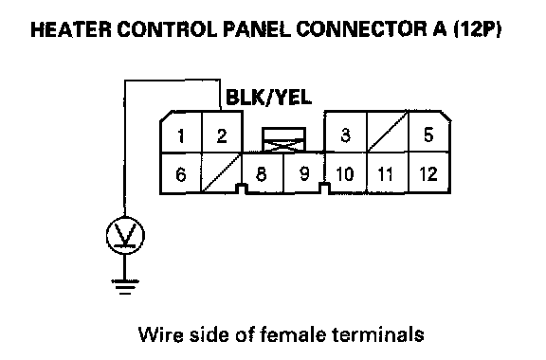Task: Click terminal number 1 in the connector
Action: (x=181, y=135)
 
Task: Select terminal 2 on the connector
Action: (x=222, y=135)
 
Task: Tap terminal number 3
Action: (x=345, y=135)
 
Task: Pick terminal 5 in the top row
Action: (x=428, y=135)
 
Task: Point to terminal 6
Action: (x=181, y=174)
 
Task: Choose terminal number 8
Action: (x=262, y=173)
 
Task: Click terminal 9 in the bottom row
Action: (x=304, y=173)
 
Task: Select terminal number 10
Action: (x=345, y=173)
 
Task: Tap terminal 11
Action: (x=386, y=173)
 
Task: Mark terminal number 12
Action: (x=428, y=173)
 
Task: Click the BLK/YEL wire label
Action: (x=268, y=98)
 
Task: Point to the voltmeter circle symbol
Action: (x=125, y=235)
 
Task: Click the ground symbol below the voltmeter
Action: (x=125, y=287)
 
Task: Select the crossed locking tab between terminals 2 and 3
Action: (x=283, y=140)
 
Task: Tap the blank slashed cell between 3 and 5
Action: (x=388, y=132)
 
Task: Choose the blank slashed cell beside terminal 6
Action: (x=222, y=173)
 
